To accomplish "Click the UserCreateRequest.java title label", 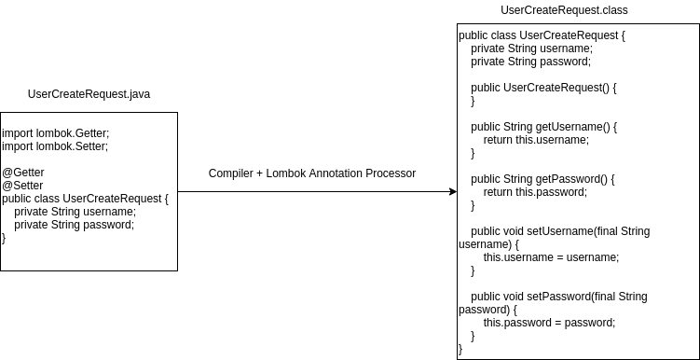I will pyautogui.click(x=89, y=94).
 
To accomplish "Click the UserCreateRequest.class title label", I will pyautogui.click(x=564, y=10).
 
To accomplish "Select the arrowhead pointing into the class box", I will pyautogui.click(x=452, y=191).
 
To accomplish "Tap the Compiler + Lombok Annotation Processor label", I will pyautogui.click(x=311, y=173).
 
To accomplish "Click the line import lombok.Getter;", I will pyautogui.click(x=55, y=133).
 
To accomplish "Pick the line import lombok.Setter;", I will pyautogui.click(x=55, y=146).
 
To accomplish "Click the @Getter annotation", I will pyautogui.click(x=23, y=173).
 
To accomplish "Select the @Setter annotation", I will pyautogui.click(x=22, y=186).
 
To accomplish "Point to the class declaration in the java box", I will pyautogui.click(x=86, y=199).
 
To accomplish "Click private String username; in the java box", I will pyautogui.click(x=75, y=212).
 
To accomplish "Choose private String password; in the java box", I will pyautogui.click(x=74, y=225).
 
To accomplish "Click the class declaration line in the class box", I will pyautogui.click(x=542, y=35).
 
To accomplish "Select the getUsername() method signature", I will pyautogui.click(x=543, y=127).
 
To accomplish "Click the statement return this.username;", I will pyautogui.click(x=536, y=140).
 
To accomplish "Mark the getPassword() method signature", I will pyautogui.click(x=542, y=179).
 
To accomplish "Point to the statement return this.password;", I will pyautogui.click(x=535, y=192).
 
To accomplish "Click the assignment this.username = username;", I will pyautogui.click(x=550, y=257).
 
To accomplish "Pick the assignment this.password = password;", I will pyautogui.click(x=549, y=323).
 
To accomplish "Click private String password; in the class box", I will pyautogui.click(x=530, y=62).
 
